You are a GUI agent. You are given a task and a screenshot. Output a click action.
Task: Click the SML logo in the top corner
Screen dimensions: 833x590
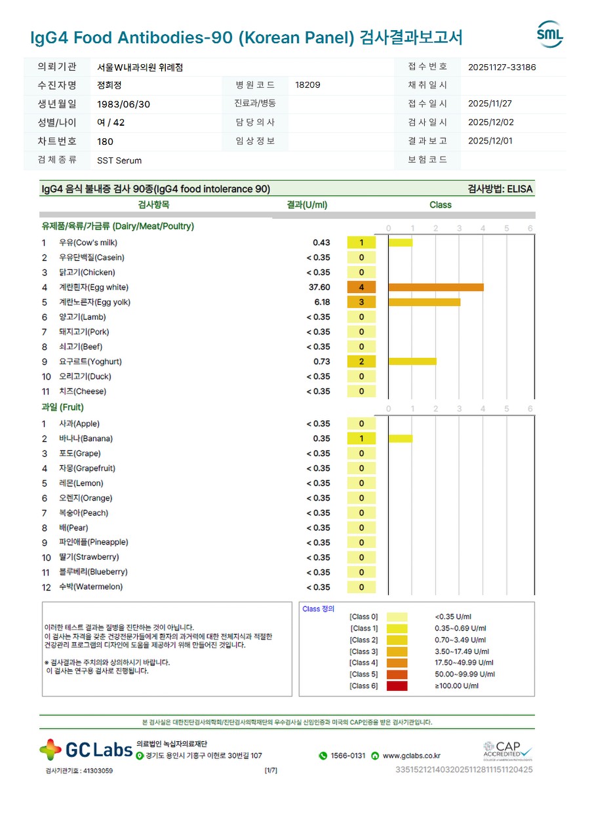click(x=549, y=35)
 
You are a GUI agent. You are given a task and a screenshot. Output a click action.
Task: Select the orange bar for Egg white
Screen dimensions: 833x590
click(x=436, y=287)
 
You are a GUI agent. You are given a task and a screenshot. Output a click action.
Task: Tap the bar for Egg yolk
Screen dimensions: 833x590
click(x=424, y=302)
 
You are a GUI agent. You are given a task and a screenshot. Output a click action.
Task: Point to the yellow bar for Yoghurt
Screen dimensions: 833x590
click(x=412, y=362)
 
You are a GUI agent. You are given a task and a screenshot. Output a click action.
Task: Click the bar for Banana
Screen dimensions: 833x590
click(x=401, y=438)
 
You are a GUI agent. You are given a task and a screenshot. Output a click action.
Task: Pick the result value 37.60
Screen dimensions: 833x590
click(x=319, y=287)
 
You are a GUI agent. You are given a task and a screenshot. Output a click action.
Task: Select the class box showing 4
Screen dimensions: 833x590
click(x=361, y=287)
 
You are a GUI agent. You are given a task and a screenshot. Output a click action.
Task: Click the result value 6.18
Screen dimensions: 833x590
click(x=322, y=302)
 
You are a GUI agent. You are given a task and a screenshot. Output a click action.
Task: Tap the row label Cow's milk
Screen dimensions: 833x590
click(x=88, y=242)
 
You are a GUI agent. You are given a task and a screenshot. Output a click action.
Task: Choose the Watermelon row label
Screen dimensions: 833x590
click(x=90, y=587)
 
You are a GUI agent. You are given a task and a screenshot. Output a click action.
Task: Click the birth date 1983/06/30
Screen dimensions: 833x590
click(x=123, y=104)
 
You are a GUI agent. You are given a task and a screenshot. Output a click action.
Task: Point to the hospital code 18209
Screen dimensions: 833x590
click(x=308, y=85)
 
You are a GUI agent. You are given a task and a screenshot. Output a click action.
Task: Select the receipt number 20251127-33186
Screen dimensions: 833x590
click(x=501, y=67)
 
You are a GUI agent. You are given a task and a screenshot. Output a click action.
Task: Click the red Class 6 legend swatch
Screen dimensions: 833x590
click(x=397, y=686)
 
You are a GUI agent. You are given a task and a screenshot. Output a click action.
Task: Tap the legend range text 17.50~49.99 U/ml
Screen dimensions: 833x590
click(x=464, y=663)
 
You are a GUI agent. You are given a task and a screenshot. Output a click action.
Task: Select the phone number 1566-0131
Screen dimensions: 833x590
click(x=347, y=756)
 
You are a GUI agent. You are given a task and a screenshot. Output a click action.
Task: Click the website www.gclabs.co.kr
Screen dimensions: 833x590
click(x=411, y=756)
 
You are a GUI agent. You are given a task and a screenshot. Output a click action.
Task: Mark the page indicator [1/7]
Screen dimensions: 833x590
click(x=271, y=770)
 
